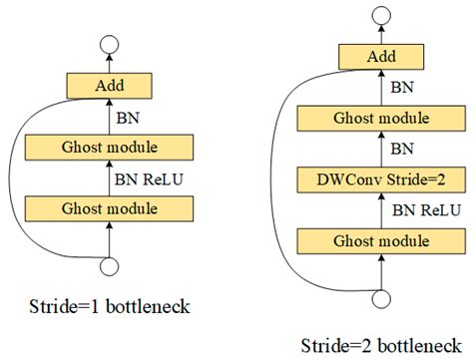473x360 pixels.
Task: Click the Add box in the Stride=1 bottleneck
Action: coord(109,85)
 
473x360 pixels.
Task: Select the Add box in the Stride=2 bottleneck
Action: coord(379,56)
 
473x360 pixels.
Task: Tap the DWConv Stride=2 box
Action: coord(379,180)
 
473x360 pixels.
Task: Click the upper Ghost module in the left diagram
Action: coord(109,148)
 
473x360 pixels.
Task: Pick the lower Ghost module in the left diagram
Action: coord(109,208)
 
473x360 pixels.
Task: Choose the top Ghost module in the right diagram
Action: coord(379,118)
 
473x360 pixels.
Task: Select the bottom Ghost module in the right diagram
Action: coord(379,241)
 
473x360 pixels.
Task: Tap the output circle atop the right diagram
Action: coord(379,14)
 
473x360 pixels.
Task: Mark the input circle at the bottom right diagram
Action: coord(379,298)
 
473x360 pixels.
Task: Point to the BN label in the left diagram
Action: coord(128,117)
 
